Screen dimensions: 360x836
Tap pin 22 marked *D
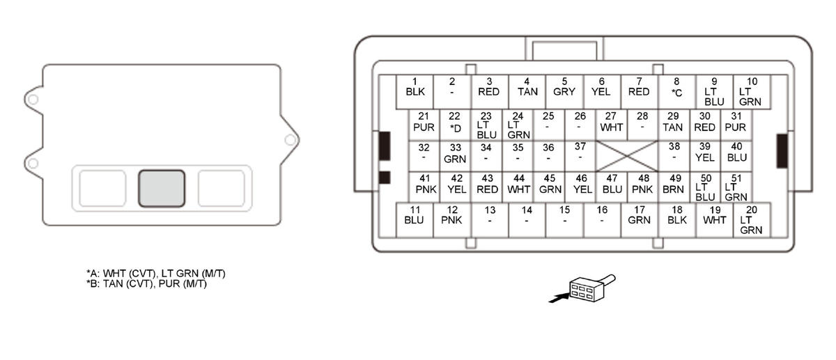(455, 123)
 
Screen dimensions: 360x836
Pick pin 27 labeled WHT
(611, 123)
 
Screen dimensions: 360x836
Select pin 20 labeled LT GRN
(751, 219)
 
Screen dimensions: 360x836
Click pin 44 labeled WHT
(518, 184)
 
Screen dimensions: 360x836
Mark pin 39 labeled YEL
(705, 153)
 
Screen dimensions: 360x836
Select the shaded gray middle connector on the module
(162, 188)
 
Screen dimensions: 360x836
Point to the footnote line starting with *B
(146, 283)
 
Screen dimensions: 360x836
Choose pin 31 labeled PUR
(735, 123)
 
